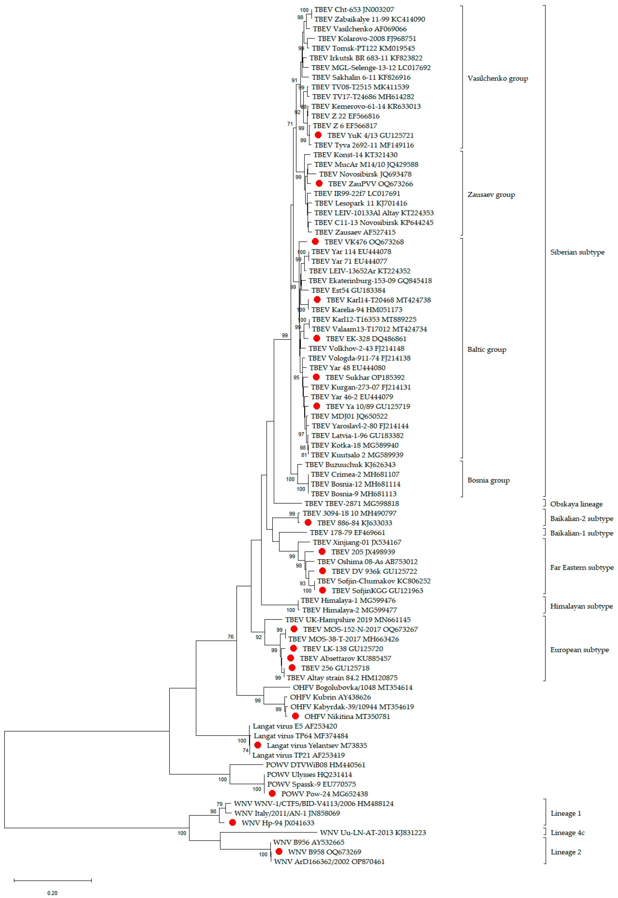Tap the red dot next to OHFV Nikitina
[295, 716]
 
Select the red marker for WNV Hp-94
[232, 822]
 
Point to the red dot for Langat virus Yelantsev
[258, 745]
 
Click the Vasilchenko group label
[498, 78]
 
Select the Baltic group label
[487, 349]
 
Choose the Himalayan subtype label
[581, 606]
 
